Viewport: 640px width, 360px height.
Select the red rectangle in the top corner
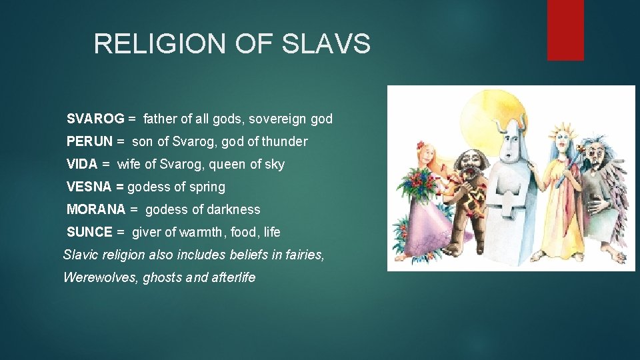565,29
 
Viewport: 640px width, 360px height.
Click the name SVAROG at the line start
95,119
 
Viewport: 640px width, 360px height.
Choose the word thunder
285,141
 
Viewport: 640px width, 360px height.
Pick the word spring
207,187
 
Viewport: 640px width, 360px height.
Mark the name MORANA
96,209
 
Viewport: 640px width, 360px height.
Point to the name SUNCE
89,232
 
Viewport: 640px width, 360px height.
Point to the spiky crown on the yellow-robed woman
561,125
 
